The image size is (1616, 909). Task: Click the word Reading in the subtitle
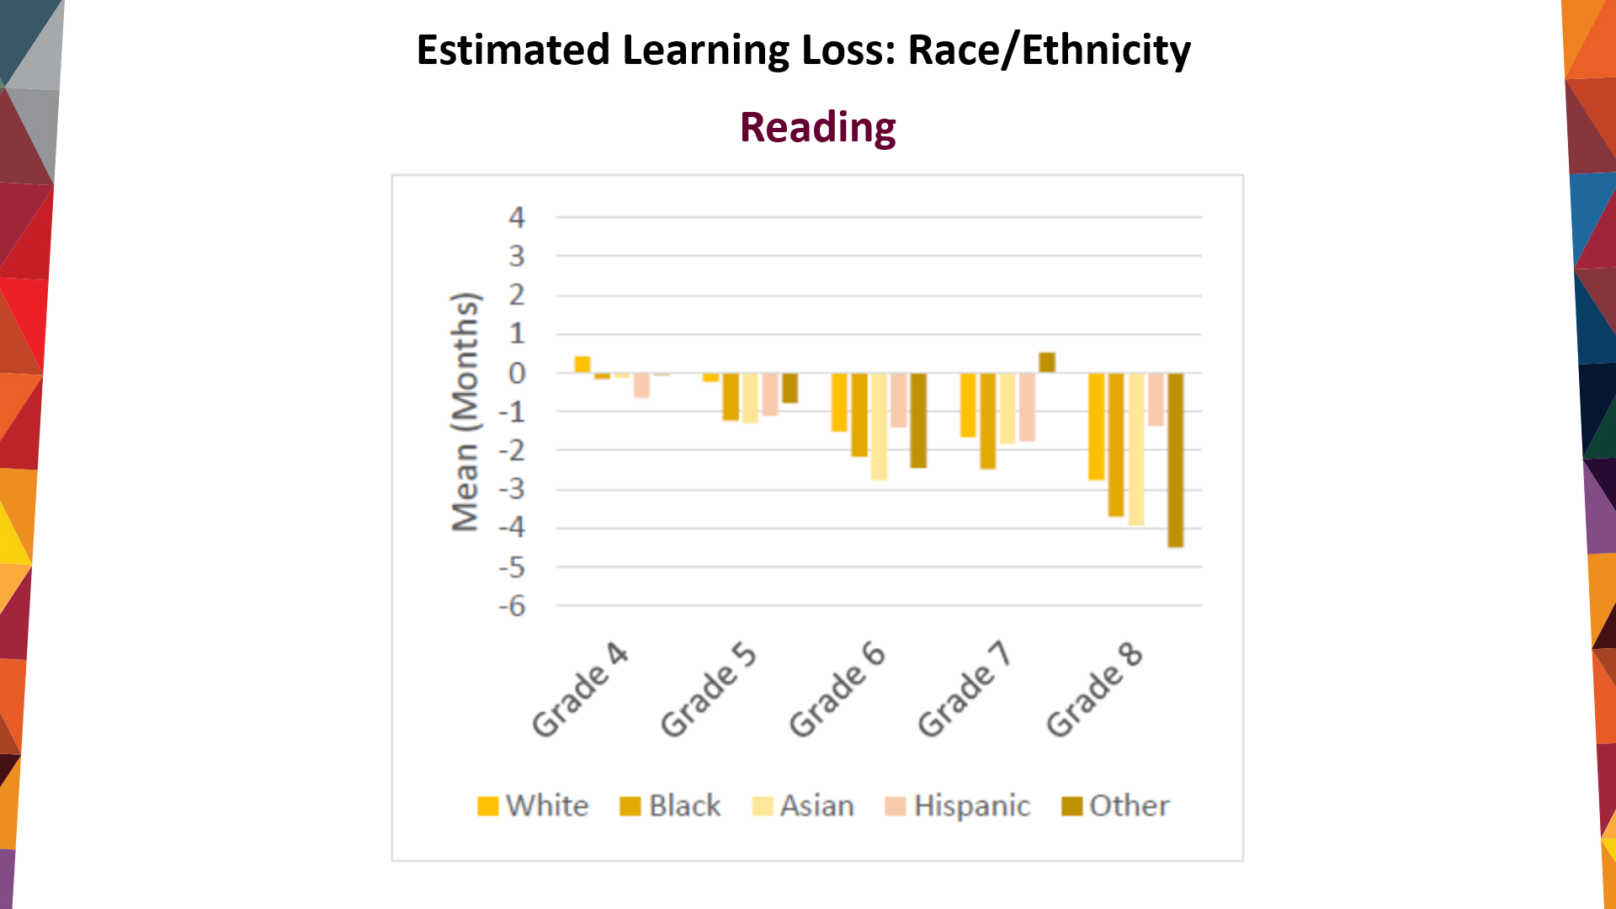pos(817,128)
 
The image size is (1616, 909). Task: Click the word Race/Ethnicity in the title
pos(1049,50)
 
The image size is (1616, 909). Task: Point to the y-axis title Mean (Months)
pos(465,412)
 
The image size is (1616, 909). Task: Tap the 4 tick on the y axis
pos(516,218)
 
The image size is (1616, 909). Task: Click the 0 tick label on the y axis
pos(517,373)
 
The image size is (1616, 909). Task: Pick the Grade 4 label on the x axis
pos(580,690)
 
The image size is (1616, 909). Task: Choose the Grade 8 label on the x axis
pos(1094,690)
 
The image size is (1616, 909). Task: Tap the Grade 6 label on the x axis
pos(837,690)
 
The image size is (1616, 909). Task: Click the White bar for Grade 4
pos(582,364)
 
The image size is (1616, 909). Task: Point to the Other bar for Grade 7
pos(1047,363)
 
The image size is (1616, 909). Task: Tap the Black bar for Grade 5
pos(731,396)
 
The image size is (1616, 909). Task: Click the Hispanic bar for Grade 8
pos(1156,400)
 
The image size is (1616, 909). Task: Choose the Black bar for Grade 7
pos(987,421)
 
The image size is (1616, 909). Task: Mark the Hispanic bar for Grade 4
pos(641,385)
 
